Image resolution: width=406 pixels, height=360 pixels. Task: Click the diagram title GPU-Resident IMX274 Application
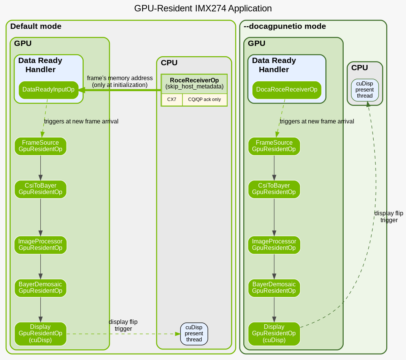coord(203,8)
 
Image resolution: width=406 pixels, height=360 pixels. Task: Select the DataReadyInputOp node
coord(48,90)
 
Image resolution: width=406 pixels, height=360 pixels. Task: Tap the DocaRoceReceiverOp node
coord(287,90)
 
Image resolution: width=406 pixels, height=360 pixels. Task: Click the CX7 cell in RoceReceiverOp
coord(172,99)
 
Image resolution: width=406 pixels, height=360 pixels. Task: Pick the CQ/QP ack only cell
coord(204,99)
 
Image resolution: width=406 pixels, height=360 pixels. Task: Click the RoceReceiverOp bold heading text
coord(194,80)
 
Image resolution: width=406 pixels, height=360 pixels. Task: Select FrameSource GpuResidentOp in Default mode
coord(40,146)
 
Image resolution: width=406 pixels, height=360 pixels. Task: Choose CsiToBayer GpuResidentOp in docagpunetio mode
coord(274,189)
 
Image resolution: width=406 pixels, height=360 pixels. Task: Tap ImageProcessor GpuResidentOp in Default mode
coord(40,245)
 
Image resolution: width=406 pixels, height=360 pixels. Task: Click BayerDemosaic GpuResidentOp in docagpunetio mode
coord(274,287)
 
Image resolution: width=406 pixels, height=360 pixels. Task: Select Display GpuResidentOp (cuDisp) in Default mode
coord(40,333)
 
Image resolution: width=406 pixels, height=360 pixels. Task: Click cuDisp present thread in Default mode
coord(194,333)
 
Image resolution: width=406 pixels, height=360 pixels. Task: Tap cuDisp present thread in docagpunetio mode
coord(365,90)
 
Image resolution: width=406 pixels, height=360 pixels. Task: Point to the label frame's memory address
coord(120,78)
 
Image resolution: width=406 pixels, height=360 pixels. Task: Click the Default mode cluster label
coord(36,27)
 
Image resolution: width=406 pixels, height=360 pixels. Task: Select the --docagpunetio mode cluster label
coord(285,27)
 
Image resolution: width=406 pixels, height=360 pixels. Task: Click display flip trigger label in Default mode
coord(123,325)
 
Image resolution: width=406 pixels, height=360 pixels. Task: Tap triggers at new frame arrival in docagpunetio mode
coord(317,122)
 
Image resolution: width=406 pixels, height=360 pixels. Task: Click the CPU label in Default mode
coord(169,63)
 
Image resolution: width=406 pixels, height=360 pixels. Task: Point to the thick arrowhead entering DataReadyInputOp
coord(81,90)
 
